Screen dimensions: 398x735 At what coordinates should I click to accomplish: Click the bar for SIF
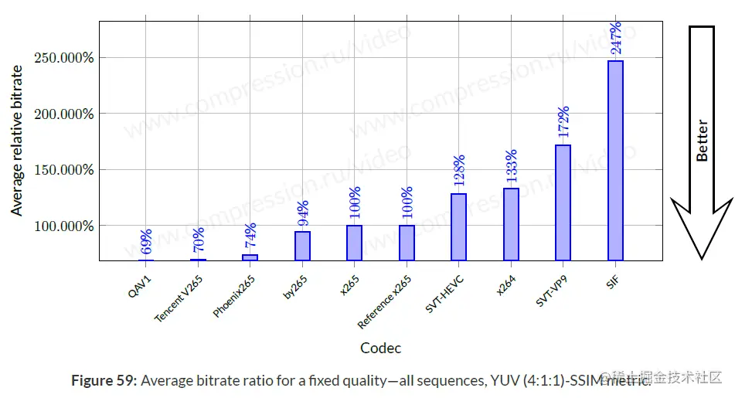tap(615, 161)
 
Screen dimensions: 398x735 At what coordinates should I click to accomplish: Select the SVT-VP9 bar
tap(563, 202)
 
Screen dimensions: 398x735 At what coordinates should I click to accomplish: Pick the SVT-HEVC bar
tap(458, 226)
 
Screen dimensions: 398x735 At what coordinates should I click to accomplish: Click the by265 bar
tap(302, 246)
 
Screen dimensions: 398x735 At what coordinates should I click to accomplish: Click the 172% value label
tap(563, 123)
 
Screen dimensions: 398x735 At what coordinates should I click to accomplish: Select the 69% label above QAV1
tap(146, 241)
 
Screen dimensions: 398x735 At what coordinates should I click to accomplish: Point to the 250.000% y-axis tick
tap(65, 58)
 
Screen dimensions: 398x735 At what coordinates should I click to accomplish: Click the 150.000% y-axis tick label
tap(65, 170)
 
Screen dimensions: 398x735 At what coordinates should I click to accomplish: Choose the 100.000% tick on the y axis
tap(65, 226)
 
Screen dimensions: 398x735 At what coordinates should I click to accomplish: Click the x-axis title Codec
tap(381, 348)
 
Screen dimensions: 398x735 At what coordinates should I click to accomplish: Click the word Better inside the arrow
tap(702, 141)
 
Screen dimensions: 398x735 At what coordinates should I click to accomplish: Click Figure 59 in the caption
tap(104, 380)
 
